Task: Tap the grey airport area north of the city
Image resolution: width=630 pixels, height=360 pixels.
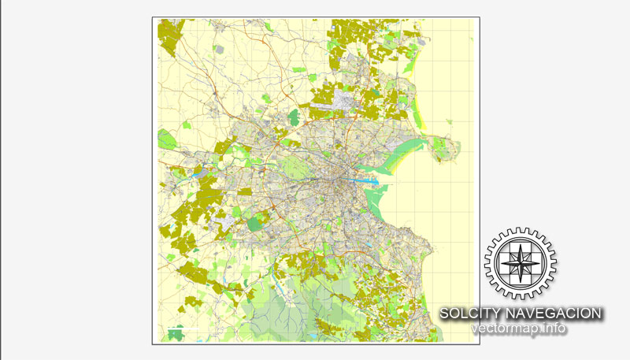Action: click(343, 100)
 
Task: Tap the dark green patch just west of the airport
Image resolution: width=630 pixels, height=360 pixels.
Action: click(294, 117)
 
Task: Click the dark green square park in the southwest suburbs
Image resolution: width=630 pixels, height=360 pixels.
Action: click(254, 224)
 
